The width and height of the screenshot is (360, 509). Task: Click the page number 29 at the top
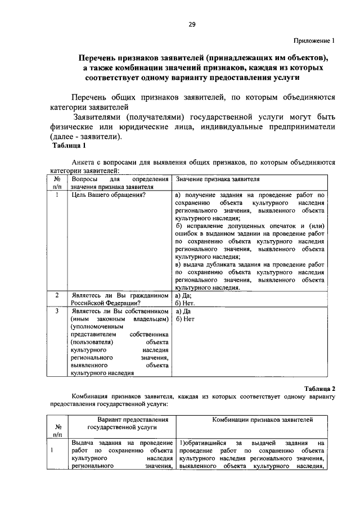(x=191, y=24)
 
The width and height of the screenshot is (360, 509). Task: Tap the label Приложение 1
(x=314, y=40)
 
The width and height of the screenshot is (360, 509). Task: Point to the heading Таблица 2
(x=319, y=389)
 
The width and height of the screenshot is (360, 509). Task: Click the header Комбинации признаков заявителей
(x=262, y=420)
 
